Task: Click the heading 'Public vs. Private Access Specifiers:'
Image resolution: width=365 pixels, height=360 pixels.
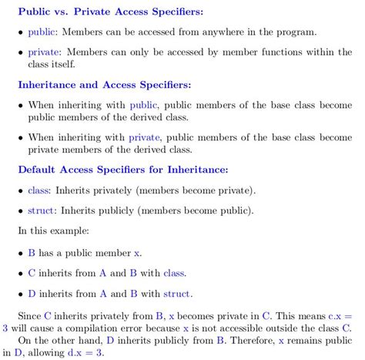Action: (105, 13)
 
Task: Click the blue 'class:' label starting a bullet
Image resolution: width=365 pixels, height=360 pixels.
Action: (39, 190)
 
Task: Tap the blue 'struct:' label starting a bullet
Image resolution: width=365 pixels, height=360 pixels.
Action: (41, 210)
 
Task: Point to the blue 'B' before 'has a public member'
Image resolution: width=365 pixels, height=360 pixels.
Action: (32, 252)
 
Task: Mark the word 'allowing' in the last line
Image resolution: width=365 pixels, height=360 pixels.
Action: (45, 352)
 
